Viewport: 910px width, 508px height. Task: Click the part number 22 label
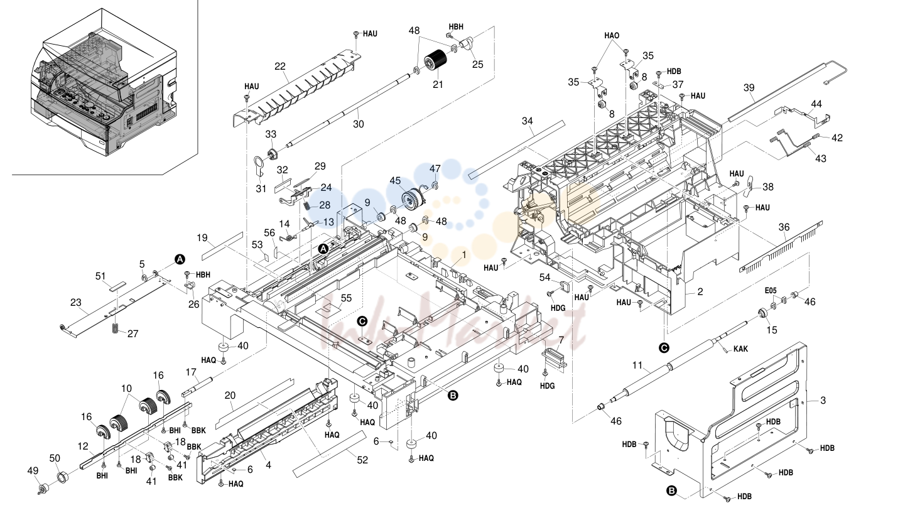coord(280,66)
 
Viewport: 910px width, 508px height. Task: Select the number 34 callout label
coord(528,121)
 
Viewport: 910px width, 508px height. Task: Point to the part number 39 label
coord(749,87)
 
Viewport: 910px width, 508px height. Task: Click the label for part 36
coord(784,227)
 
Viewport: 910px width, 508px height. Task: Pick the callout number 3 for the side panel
coord(823,401)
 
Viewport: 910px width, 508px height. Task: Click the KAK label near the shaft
coord(740,349)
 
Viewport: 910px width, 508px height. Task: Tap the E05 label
coord(771,290)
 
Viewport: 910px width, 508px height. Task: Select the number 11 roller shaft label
coord(637,365)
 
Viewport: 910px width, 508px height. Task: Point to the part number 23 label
coord(76,303)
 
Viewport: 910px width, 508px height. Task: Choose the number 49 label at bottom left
coord(33,471)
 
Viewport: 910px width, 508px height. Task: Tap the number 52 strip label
coord(362,460)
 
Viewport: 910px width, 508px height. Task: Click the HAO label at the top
coord(612,36)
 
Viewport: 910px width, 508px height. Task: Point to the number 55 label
coord(346,298)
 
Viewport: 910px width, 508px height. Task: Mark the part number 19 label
coord(202,238)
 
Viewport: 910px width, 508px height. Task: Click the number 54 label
coord(544,278)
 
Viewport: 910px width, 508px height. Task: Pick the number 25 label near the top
coord(478,65)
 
